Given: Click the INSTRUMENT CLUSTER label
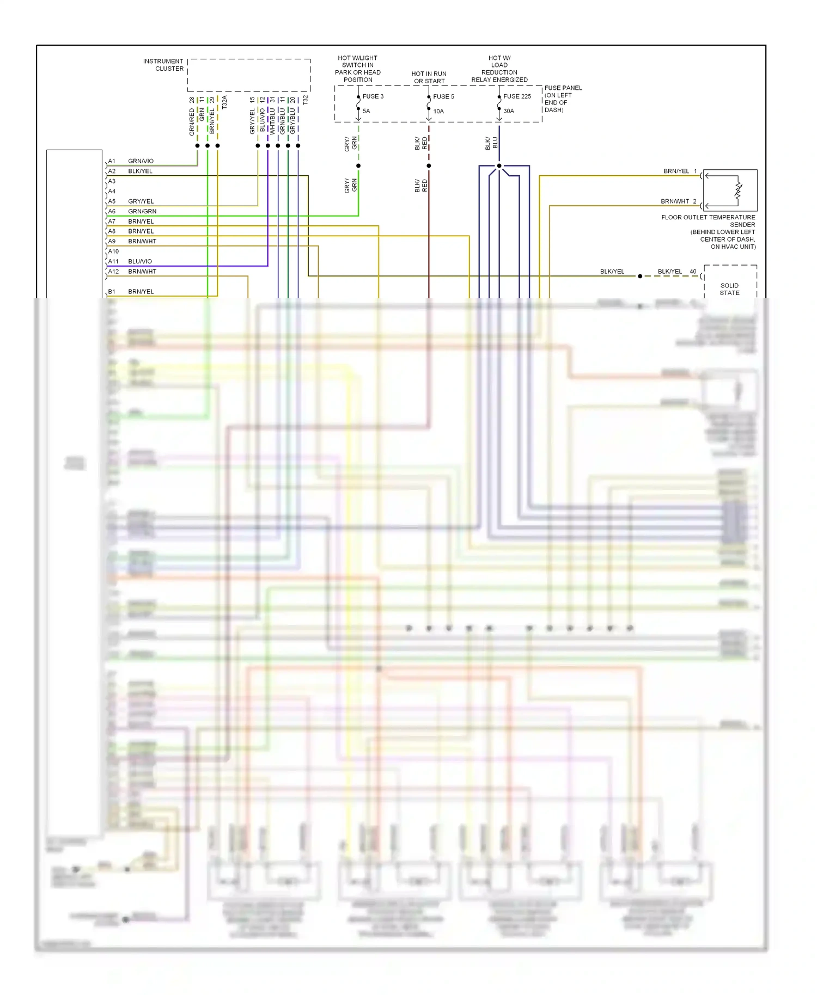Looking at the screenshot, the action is point(163,65).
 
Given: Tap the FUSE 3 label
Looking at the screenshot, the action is point(373,96).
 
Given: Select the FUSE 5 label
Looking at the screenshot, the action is point(443,96).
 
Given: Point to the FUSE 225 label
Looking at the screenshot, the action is point(517,96).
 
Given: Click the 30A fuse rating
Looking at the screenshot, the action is point(509,111).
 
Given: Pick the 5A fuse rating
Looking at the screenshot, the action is point(367,111).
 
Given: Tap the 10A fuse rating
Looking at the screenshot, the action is point(438,111).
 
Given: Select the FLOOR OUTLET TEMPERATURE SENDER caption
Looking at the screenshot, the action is point(708,221).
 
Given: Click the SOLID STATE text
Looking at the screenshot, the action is point(729,289).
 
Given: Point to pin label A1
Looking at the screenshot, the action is point(112,161).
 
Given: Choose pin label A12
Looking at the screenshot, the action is point(113,272).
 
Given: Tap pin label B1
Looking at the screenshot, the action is point(112,292).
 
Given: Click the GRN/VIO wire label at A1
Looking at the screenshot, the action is point(141,161).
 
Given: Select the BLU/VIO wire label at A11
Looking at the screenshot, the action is point(140,262).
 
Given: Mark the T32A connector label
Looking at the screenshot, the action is point(224,102).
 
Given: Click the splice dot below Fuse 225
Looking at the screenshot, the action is point(499,165).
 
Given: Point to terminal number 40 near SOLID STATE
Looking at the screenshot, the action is point(693,272).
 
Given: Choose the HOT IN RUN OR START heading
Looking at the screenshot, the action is point(429,77).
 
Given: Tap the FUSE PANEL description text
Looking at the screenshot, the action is point(563,99).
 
